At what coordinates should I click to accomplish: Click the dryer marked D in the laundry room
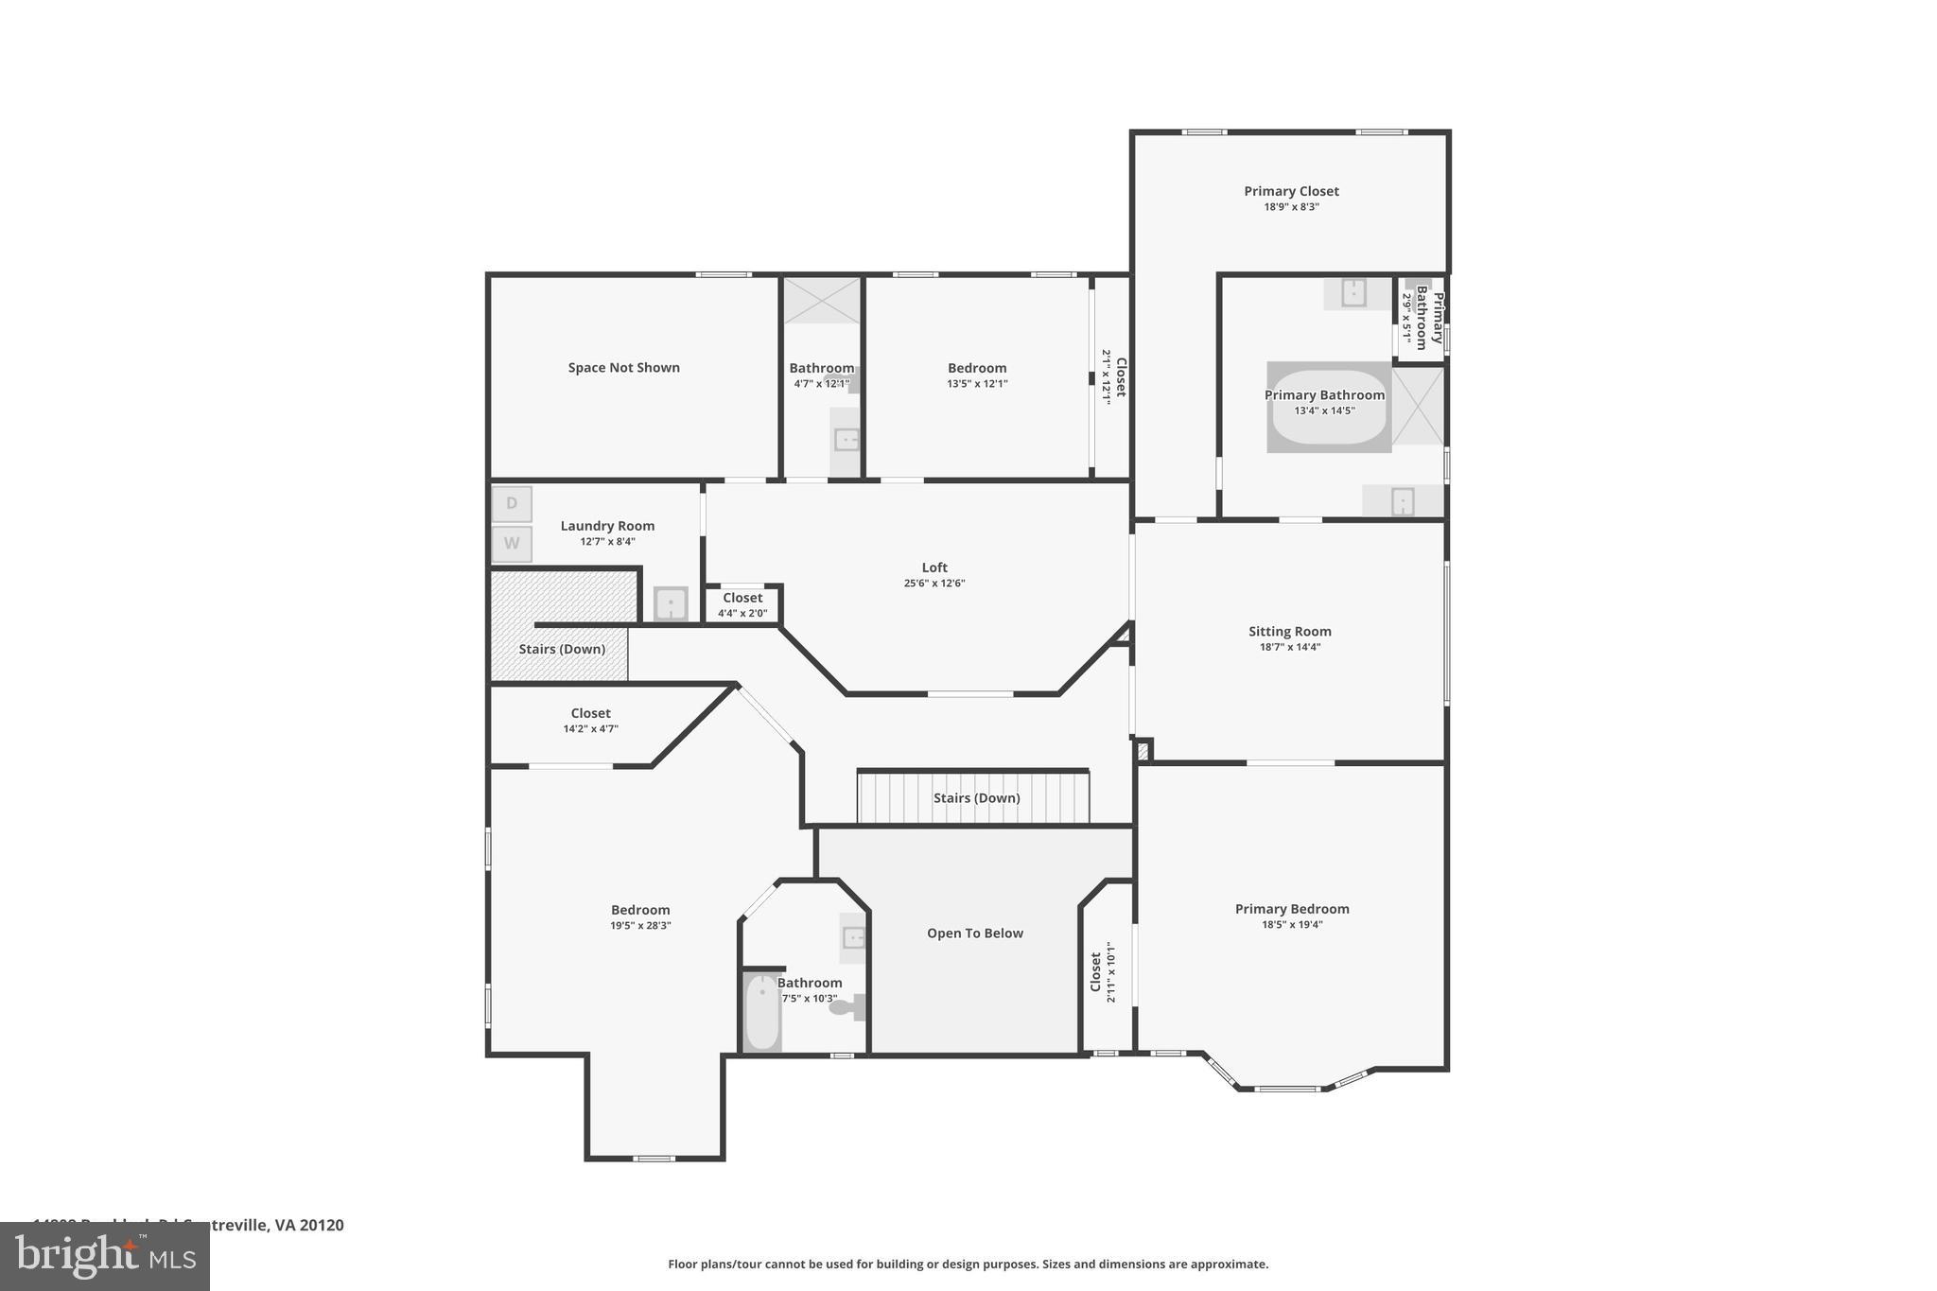(512, 504)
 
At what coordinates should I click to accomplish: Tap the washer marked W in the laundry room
(512, 544)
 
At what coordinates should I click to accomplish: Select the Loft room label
(934, 567)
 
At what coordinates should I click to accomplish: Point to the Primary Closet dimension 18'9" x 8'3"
(1291, 207)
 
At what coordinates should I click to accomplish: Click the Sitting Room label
(1289, 632)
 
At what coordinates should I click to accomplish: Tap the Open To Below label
(974, 933)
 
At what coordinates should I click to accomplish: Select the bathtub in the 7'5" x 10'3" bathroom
(761, 1012)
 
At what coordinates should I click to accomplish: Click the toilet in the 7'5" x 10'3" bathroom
(846, 1007)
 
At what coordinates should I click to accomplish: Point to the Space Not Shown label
(623, 368)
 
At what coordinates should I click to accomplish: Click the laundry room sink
(671, 603)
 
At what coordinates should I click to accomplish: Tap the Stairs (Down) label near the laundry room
(562, 649)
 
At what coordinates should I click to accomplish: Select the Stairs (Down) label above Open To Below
(976, 798)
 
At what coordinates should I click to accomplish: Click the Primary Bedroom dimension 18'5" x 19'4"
(1292, 925)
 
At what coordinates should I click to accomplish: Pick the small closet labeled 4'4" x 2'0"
(742, 604)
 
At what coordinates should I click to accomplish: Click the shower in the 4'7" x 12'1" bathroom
(822, 301)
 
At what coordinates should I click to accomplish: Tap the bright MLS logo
(104, 1257)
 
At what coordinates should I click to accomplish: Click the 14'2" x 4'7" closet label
(590, 721)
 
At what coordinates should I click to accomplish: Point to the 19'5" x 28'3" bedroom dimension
(640, 926)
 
